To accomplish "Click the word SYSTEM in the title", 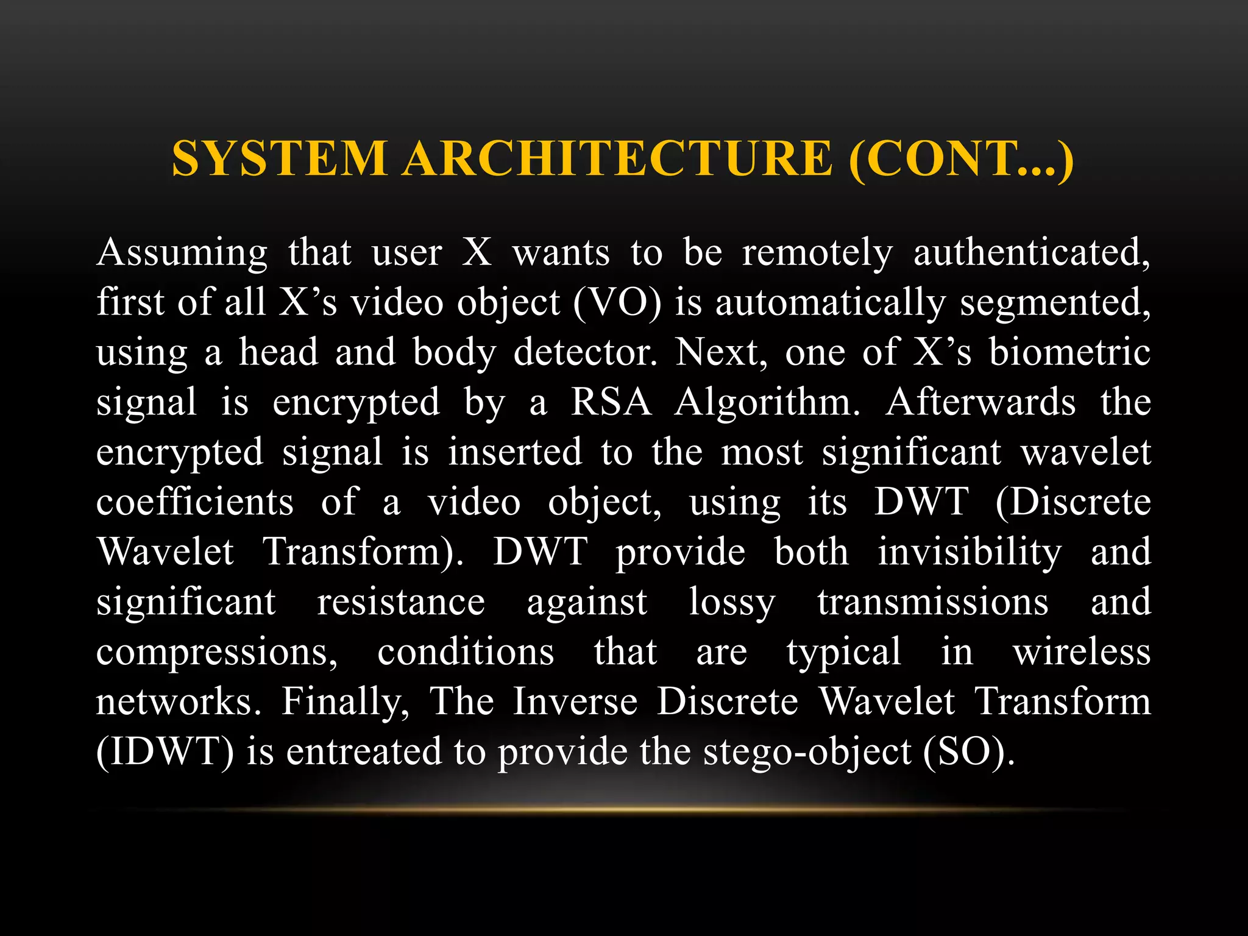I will [x=279, y=158].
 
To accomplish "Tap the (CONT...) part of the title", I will [x=961, y=158].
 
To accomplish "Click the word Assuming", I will [x=182, y=253].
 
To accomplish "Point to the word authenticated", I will [x=1031, y=253].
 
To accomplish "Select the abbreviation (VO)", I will [x=617, y=303].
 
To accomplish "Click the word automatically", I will [x=830, y=303].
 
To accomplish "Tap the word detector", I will [x=585, y=353].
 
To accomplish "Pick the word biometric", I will [x=1069, y=353].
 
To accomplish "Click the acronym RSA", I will [x=611, y=403].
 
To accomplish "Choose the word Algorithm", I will [x=767, y=403].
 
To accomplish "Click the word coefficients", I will [x=195, y=503].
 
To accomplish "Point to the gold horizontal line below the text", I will [x=624, y=810].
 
